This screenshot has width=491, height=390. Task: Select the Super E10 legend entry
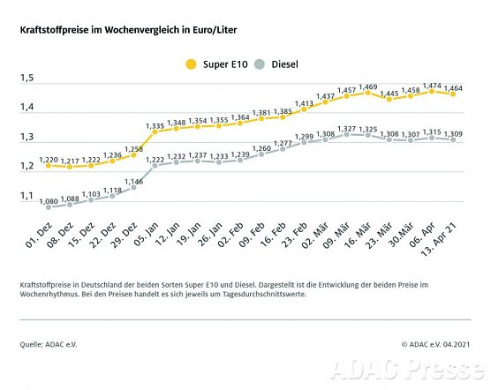216,64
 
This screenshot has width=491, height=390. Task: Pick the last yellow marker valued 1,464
454,94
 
